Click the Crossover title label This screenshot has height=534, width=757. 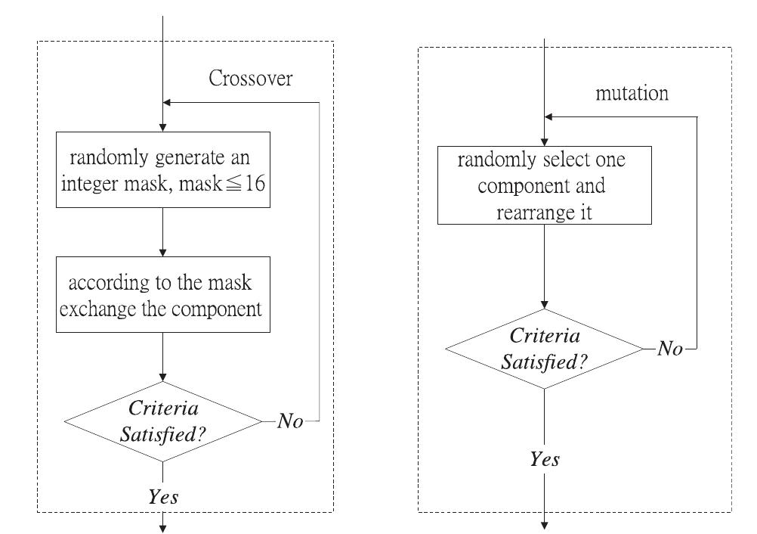pyautogui.click(x=250, y=79)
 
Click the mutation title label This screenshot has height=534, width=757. pyautogui.click(x=632, y=94)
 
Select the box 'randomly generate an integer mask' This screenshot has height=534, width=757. pyautogui.click(x=163, y=171)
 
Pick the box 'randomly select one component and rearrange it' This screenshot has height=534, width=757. pyautogui.click(x=545, y=186)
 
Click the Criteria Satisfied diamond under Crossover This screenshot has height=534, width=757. pyautogui.click(x=163, y=421)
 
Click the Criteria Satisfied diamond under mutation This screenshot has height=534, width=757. pyautogui.click(x=545, y=349)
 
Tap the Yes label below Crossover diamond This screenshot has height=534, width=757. pyautogui.click(x=163, y=496)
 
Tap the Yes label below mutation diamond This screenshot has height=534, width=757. pyautogui.click(x=545, y=459)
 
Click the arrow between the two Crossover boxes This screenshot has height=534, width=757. pyautogui.click(x=163, y=234)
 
